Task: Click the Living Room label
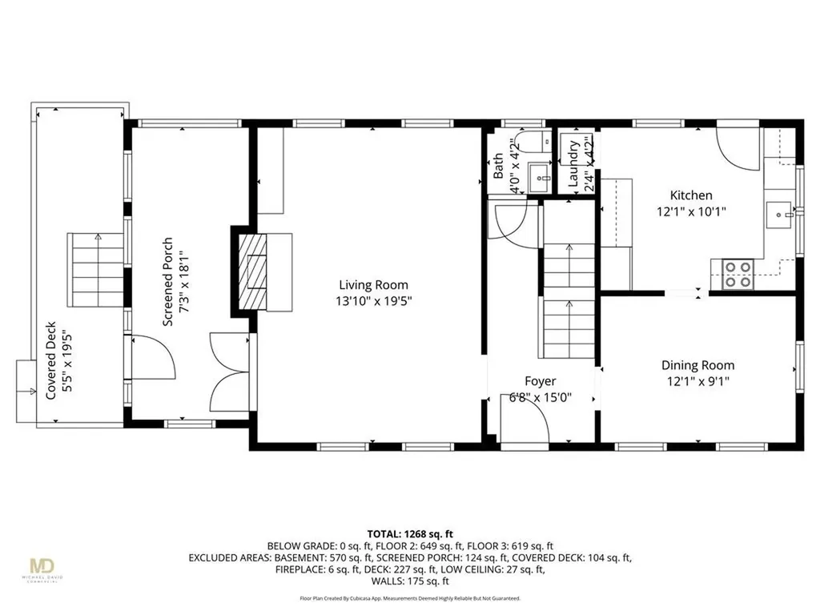pyautogui.click(x=373, y=284)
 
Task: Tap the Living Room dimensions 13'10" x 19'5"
pyautogui.click(x=373, y=301)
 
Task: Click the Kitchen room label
pyautogui.click(x=690, y=195)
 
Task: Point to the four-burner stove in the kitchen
pyautogui.click(x=737, y=275)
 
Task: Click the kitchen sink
pyautogui.click(x=778, y=214)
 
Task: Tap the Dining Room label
pyautogui.click(x=694, y=365)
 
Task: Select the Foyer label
pyautogui.click(x=540, y=381)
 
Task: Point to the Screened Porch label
pyautogui.click(x=168, y=281)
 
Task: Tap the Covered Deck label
pyautogui.click(x=51, y=360)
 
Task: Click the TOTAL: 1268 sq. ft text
pyautogui.click(x=410, y=533)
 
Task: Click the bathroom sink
pyautogui.click(x=541, y=177)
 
